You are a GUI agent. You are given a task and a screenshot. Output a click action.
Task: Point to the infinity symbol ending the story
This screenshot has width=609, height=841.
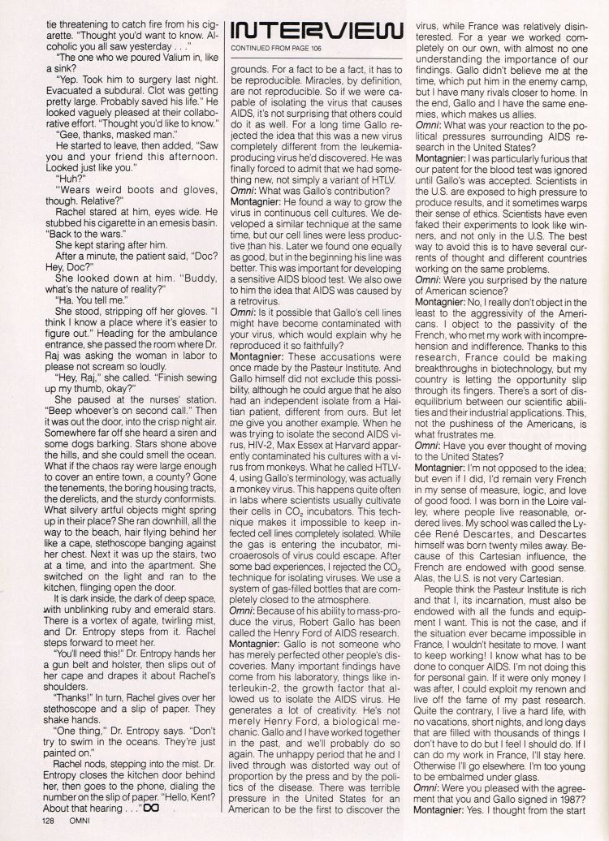tap(148, 809)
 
